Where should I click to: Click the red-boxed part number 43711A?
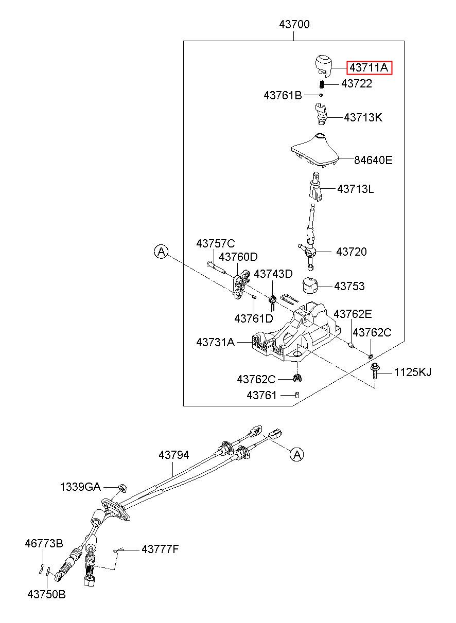click(369, 68)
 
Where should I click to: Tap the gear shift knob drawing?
click(323, 65)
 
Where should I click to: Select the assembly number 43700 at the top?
click(294, 25)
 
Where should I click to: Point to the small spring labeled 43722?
click(322, 84)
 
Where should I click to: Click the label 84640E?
click(373, 160)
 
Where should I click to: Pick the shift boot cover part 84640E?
click(314, 150)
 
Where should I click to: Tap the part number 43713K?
click(363, 118)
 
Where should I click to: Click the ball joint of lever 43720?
click(310, 252)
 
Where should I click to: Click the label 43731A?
click(216, 343)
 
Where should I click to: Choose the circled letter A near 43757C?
click(161, 252)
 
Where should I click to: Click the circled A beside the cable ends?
click(297, 454)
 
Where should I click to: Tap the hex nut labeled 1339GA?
click(122, 488)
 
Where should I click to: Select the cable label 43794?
click(174, 455)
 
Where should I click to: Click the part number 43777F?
click(160, 549)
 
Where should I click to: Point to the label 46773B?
click(44, 543)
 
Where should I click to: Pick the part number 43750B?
click(46, 595)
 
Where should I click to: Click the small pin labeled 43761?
click(297, 395)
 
